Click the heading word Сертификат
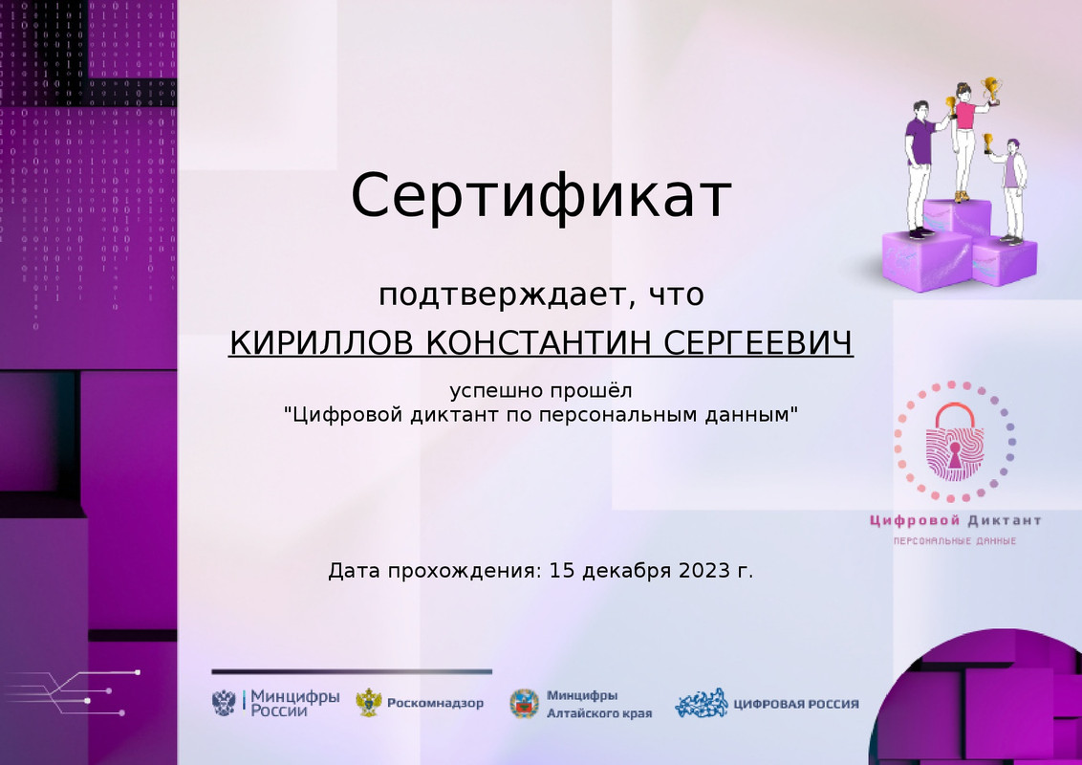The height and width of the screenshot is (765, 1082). pos(541,196)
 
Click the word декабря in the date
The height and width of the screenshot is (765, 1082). pos(626,572)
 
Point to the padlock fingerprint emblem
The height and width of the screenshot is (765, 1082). pos(954,443)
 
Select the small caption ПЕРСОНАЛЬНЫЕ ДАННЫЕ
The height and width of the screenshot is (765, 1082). pos(954,542)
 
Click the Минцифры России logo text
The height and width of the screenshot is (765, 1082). pos(293,703)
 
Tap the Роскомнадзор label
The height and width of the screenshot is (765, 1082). pos(435,704)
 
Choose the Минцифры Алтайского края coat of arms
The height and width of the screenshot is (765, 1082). pos(524,703)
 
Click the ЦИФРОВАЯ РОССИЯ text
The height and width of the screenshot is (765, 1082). pos(795,704)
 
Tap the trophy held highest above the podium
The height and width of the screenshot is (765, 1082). pos(991,89)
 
